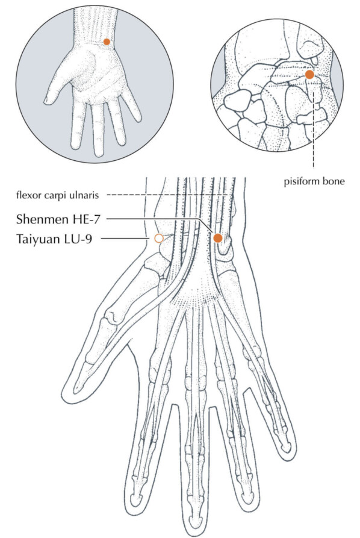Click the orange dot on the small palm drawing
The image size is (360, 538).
107,42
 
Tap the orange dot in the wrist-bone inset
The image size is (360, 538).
309,75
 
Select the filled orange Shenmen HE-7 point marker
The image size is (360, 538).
218,238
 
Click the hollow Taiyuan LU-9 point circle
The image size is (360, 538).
158,239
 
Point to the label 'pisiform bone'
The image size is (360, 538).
314,181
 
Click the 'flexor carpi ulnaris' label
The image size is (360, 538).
58,195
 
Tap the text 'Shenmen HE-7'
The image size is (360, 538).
58,219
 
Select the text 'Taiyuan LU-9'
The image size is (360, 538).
54,239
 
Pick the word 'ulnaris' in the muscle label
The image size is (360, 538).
87,195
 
